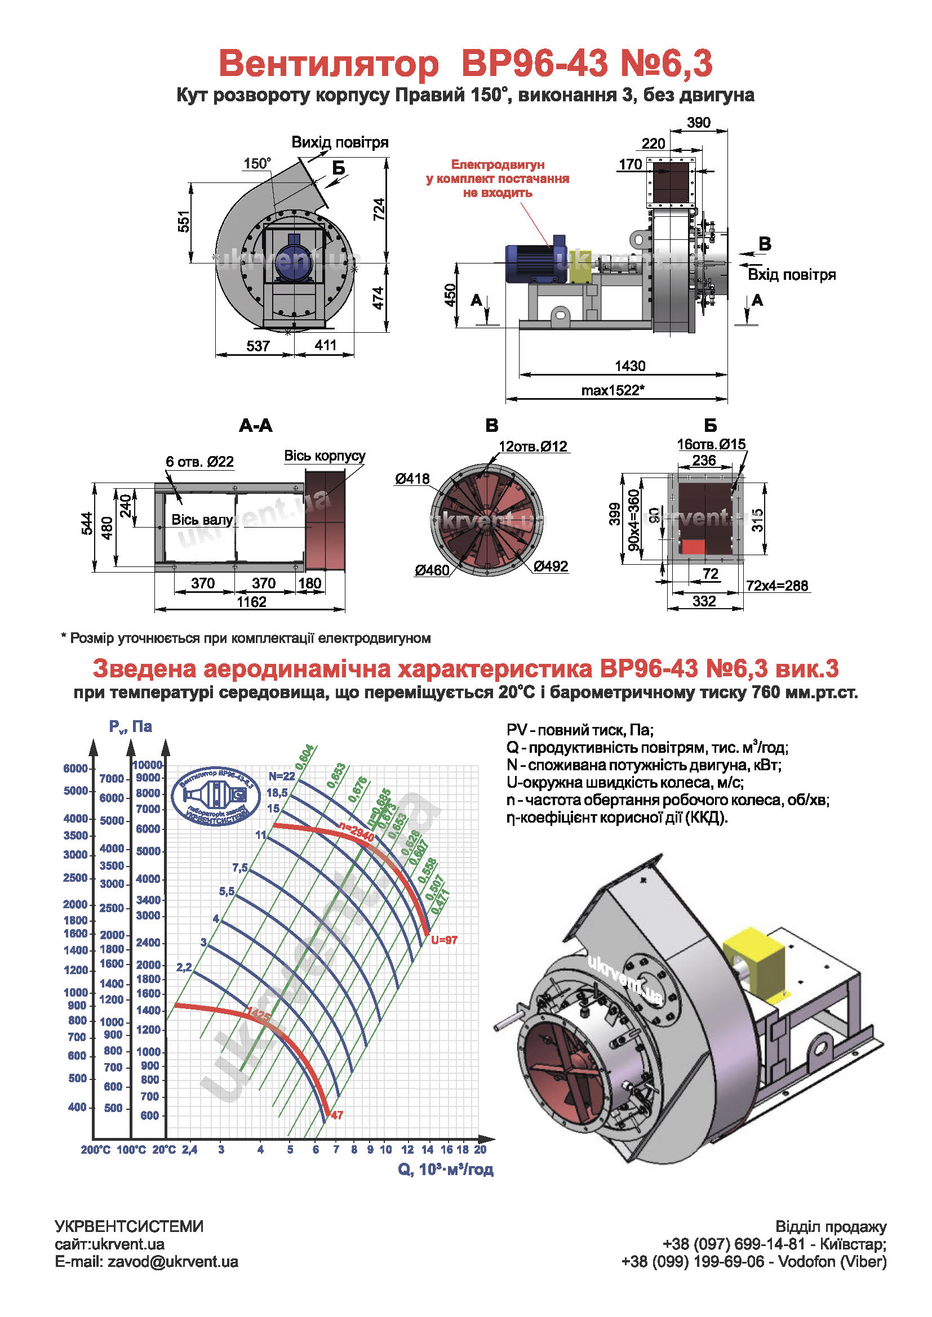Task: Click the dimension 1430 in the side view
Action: [x=629, y=365]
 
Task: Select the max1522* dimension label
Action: [x=613, y=390]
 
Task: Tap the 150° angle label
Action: [x=256, y=163]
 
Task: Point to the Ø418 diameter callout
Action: [x=411, y=479]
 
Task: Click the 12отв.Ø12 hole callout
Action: [x=532, y=447]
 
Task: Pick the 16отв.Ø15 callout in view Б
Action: [x=711, y=444]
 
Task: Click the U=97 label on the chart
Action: [x=444, y=940]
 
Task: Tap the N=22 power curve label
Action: [x=281, y=776]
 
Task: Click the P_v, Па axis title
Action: [x=130, y=727]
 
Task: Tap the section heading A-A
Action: [x=255, y=426]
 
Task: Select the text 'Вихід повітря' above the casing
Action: [x=340, y=142]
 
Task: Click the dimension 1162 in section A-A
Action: [x=251, y=602]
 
